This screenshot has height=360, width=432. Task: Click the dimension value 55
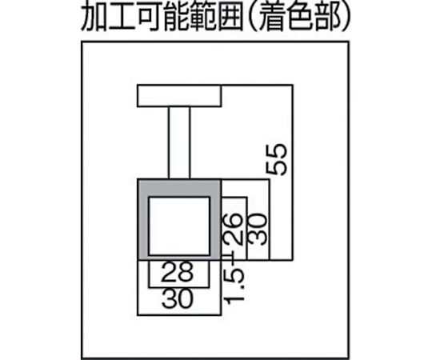(277, 159)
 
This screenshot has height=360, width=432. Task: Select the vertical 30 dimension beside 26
(258, 230)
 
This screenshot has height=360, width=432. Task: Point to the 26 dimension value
(233, 229)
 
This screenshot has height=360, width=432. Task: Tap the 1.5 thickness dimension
(234, 286)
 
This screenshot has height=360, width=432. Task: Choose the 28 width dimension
(178, 271)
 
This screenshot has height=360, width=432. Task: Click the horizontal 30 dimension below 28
(178, 298)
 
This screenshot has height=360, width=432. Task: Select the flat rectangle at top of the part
(179, 95)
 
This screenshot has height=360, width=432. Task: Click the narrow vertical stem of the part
(179, 143)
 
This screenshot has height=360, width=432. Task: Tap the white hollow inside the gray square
(179, 226)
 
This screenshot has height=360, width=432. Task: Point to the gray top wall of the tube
(179, 189)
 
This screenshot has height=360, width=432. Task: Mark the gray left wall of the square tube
(143, 220)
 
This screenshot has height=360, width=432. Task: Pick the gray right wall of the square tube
(215, 220)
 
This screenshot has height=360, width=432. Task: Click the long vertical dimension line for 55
(292, 173)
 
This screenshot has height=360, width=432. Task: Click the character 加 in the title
(94, 17)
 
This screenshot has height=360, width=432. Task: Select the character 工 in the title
(122, 17)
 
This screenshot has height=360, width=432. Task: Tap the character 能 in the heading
(176, 17)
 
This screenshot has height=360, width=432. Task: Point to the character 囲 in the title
(230, 17)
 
